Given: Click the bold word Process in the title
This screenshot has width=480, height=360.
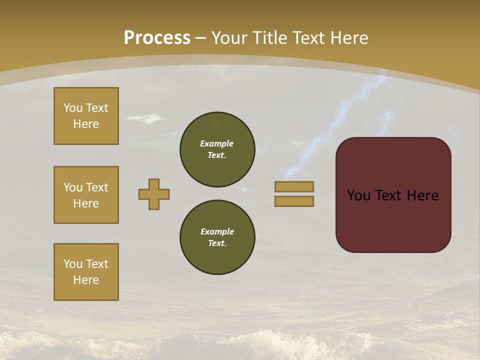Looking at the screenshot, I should (x=157, y=37).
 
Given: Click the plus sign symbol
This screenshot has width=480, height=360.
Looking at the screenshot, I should (x=154, y=194).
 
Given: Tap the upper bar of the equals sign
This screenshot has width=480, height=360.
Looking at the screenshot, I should (x=294, y=186).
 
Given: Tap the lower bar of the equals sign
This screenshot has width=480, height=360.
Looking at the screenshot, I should (x=294, y=201).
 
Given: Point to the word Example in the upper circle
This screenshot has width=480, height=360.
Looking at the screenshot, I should (x=216, y=143).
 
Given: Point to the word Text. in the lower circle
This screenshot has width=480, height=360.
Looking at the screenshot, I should (x=217, y=243).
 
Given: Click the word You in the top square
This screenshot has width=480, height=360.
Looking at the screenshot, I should (x=73, y=108).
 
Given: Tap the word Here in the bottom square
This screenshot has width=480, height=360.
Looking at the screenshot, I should (x=86, y=280).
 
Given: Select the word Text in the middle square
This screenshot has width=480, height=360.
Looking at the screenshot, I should (x=96, y=187).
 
